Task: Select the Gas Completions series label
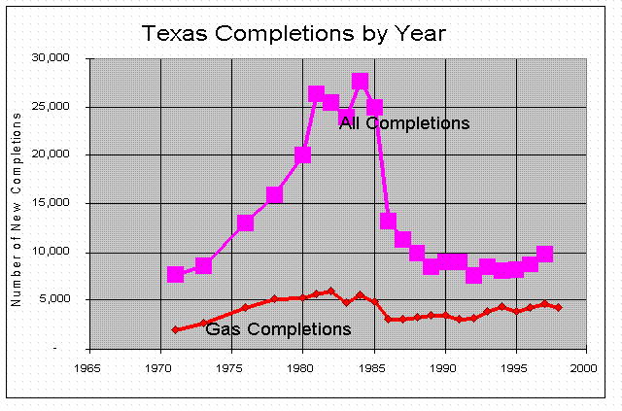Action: pyautogui.click(x=278, y=329)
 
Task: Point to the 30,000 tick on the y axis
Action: pyautogui.click(x=52, y=58)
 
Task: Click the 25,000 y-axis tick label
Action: pyautogui.click(x=52, y=107)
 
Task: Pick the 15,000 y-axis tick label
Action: pyautogui.click(x=52, y=204)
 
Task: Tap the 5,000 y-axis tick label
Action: pyautogui.click(x=56, y=300)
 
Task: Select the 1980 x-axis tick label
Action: pyautogui.click(x=302, y=369)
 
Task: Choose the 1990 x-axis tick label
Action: pyautogui.click(x=444, y=369)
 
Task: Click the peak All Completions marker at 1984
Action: pyautogui.click(x=360, y=82)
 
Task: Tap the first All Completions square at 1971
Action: pyautogui.click(x=175, y=274)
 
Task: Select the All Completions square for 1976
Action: pyautogui.click(x=246, y=223)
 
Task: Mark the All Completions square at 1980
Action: pyautogui.click(x=302, y=154)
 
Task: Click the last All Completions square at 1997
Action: pyautogui.click(x=544, y=254)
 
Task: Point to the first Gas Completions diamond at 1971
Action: pyautogui.click(x=175, y=330)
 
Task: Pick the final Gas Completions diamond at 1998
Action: pyautogui.click(x=559, y=307)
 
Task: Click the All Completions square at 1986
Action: pyautogui.click(x=388, y=221)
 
